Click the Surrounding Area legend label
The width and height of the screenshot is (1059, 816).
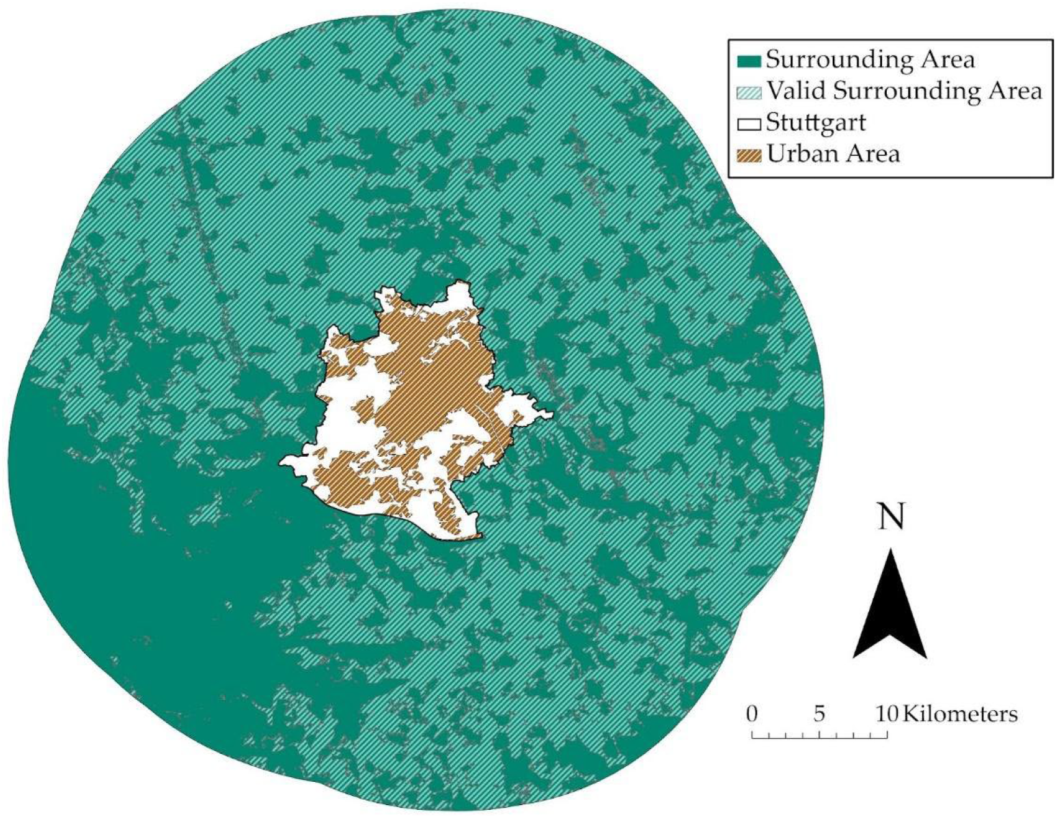tap(870, 60)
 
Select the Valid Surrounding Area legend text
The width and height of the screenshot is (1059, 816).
tap(904, 91)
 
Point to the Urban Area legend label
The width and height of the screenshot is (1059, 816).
tap(833, 154)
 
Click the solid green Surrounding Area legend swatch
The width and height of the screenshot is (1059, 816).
tap(750, 61)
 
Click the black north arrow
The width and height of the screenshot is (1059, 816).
tap(890, 608)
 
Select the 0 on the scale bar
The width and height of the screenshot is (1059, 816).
tap(752, 714)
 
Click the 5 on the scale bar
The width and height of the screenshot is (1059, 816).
tap(819, 714)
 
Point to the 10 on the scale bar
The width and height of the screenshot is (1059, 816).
tap(887, 714)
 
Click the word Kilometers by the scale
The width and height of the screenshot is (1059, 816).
tap(960, 714)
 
